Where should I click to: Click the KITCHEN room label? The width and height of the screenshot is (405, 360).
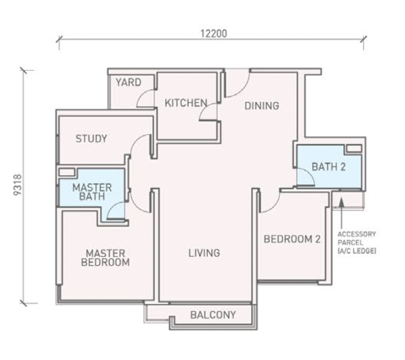click(186, 103)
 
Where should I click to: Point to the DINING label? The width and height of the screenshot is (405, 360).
click(262, 105)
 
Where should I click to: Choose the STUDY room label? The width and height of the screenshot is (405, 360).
click(91, 139)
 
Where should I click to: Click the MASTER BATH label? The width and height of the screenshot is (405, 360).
click(92, 192)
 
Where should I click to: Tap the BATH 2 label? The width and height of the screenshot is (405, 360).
click(328, 167)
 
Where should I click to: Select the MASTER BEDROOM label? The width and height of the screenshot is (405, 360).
click(105, 258)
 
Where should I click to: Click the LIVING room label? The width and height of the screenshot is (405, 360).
click(204, 252)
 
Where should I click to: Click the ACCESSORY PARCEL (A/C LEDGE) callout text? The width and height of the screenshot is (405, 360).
click(356, 243)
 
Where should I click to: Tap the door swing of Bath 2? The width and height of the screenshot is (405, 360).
click(305, 176)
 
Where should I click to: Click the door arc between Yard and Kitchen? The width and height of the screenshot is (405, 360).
click(146, 98)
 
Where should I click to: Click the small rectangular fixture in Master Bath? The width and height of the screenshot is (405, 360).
click(67, 172)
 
